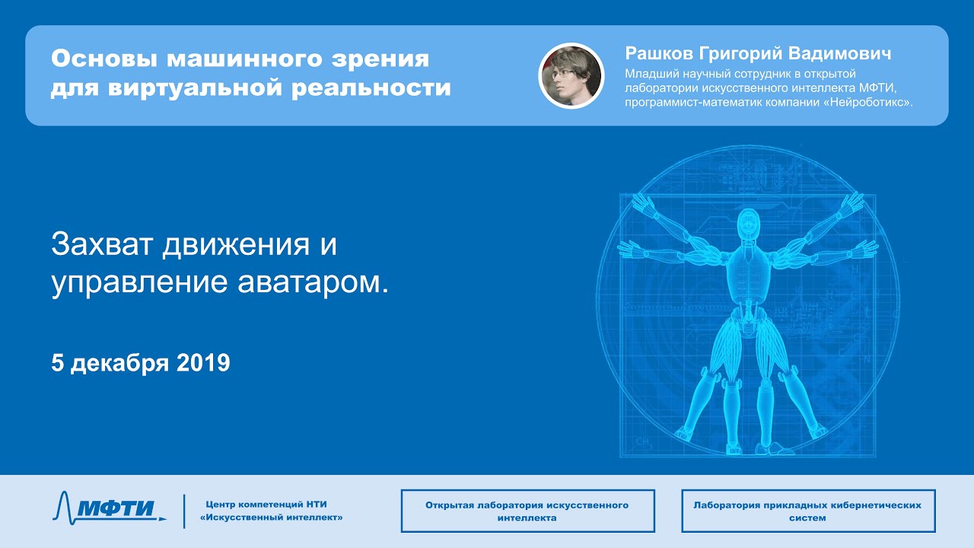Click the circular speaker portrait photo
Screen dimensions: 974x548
pyautogui.click(x=571, y=75)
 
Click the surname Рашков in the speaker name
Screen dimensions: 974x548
pyautogui.click(x=659, y=54)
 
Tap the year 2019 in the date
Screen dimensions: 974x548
pyautogui.click(x=203, y=363)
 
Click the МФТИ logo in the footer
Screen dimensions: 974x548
pyautogui.click(x=109, y=506)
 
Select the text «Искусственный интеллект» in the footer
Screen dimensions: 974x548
pyautogui.click(x=272, y=518)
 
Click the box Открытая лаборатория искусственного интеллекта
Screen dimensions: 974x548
pyautogui.click(x=527, y=511)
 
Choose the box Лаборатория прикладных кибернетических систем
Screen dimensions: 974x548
pyautogui.click(x=808, y=511)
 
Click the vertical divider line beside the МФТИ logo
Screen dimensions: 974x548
pyautogui.click(x=184, y=511)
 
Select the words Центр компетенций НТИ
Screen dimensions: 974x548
pyautogui.click(x=266, y=505)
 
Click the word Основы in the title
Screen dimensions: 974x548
pyautogui.click(x=104, y=59)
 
